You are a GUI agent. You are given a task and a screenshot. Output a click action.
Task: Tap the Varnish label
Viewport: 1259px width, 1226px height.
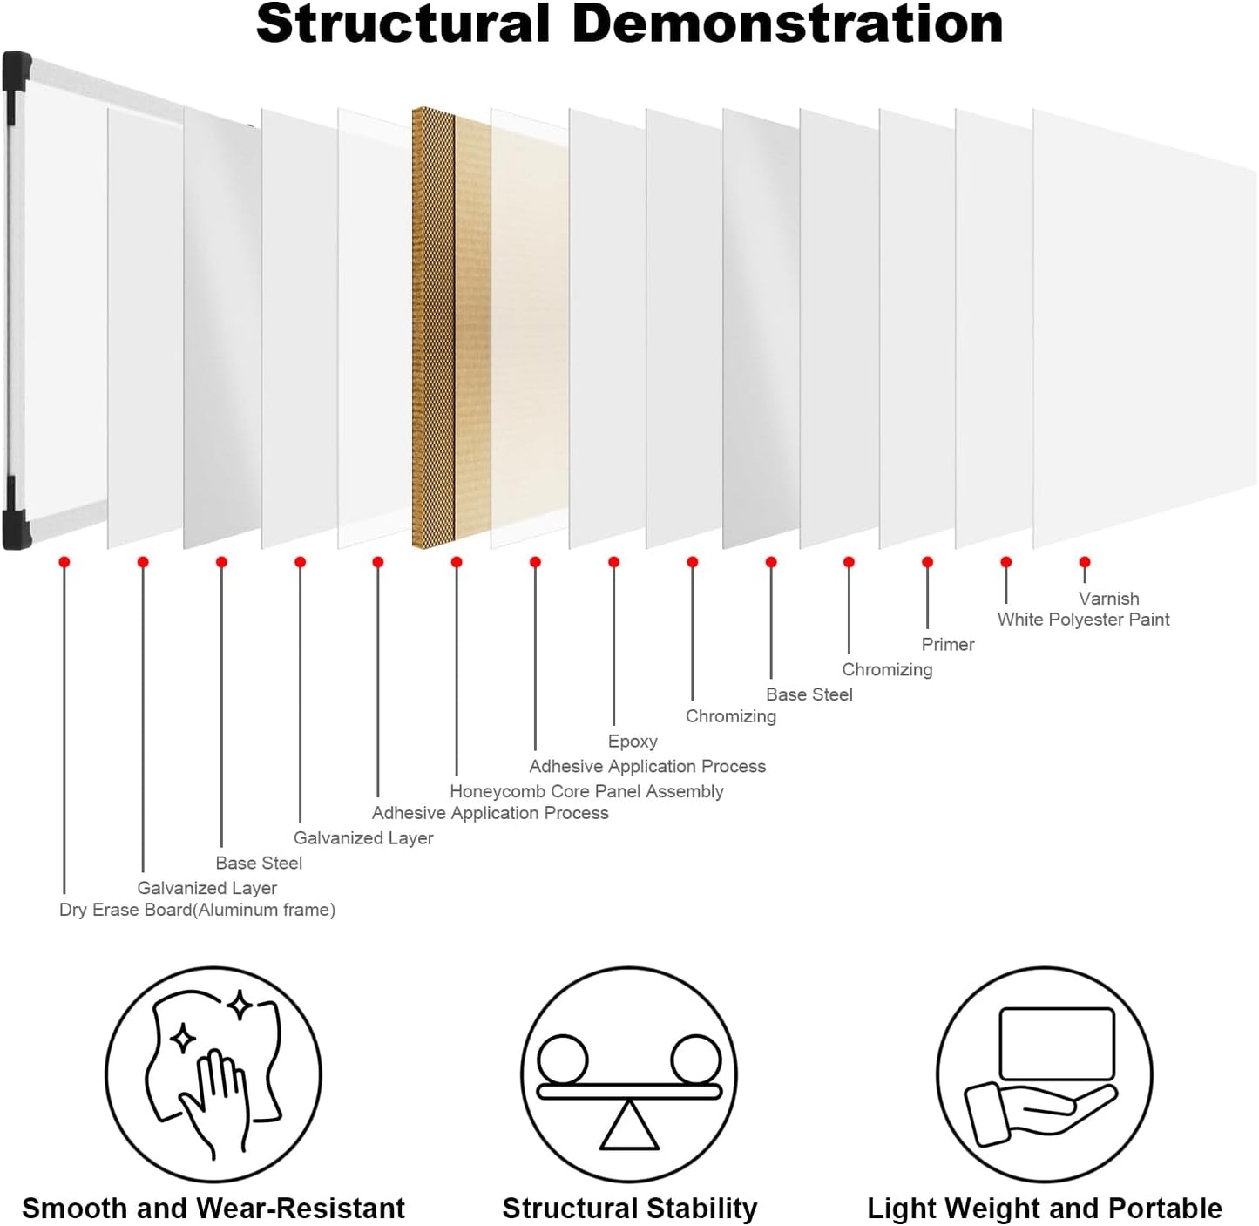coord(1108,599)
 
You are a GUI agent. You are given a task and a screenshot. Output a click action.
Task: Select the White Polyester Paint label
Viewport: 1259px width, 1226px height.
coord(1083,620)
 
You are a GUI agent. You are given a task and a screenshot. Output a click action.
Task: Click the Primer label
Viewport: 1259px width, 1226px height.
coord(947,645)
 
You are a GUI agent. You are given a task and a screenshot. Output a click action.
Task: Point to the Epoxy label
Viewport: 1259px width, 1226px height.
coord(633,742)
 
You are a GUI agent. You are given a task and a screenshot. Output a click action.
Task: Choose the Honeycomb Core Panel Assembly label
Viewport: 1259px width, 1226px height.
coord(586,791)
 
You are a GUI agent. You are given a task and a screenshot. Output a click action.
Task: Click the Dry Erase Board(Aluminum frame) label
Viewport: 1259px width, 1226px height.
coord(197,910)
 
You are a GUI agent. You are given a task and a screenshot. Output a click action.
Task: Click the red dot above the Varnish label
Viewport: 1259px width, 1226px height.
coord(1085,563)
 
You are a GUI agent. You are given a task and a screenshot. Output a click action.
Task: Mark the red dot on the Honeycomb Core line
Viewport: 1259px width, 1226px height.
coord(457,563)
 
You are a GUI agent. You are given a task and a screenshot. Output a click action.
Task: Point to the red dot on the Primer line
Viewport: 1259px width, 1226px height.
coord(928,563)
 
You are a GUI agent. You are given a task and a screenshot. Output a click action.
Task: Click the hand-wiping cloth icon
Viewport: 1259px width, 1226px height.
coord(213,1073)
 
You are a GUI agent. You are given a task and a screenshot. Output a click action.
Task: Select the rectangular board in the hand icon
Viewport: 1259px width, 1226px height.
coord(1057,1043)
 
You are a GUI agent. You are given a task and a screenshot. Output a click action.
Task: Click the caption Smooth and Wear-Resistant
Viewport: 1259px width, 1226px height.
coord(213,1209)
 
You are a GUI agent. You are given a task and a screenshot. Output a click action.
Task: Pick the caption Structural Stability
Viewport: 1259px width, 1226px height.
coord(629,1209)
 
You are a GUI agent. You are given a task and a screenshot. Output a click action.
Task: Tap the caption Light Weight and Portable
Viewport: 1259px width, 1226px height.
coord(1044,1209)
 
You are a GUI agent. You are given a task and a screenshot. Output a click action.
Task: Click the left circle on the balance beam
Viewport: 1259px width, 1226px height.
coord(563,1059)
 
